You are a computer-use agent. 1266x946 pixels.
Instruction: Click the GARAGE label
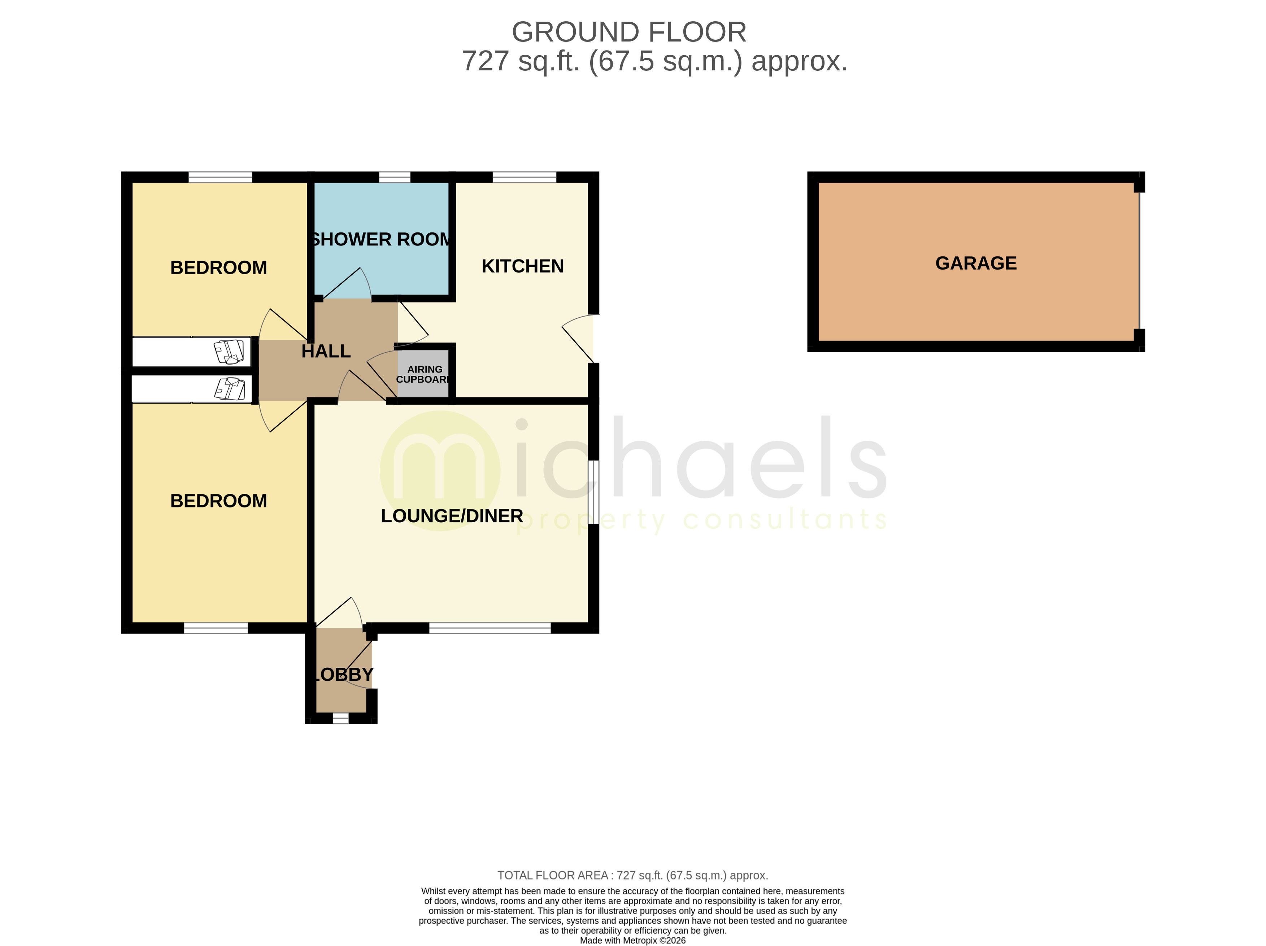975,263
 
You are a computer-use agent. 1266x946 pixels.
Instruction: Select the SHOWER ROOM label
380,239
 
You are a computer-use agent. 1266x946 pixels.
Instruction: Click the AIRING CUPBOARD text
423,374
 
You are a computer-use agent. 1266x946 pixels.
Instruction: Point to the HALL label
326,351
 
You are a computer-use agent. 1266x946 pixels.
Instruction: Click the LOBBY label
342,674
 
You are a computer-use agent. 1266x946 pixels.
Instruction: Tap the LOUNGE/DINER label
452,516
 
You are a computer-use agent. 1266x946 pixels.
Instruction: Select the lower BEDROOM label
219,501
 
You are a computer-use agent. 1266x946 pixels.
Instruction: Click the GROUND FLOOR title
628,32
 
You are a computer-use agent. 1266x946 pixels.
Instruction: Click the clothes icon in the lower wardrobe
230,389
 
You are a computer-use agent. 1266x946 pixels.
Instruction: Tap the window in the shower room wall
394,177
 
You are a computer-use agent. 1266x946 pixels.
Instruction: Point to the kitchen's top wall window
524,177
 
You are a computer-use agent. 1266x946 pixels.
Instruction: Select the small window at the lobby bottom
340,718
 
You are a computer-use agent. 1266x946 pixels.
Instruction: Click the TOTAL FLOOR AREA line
632,875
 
